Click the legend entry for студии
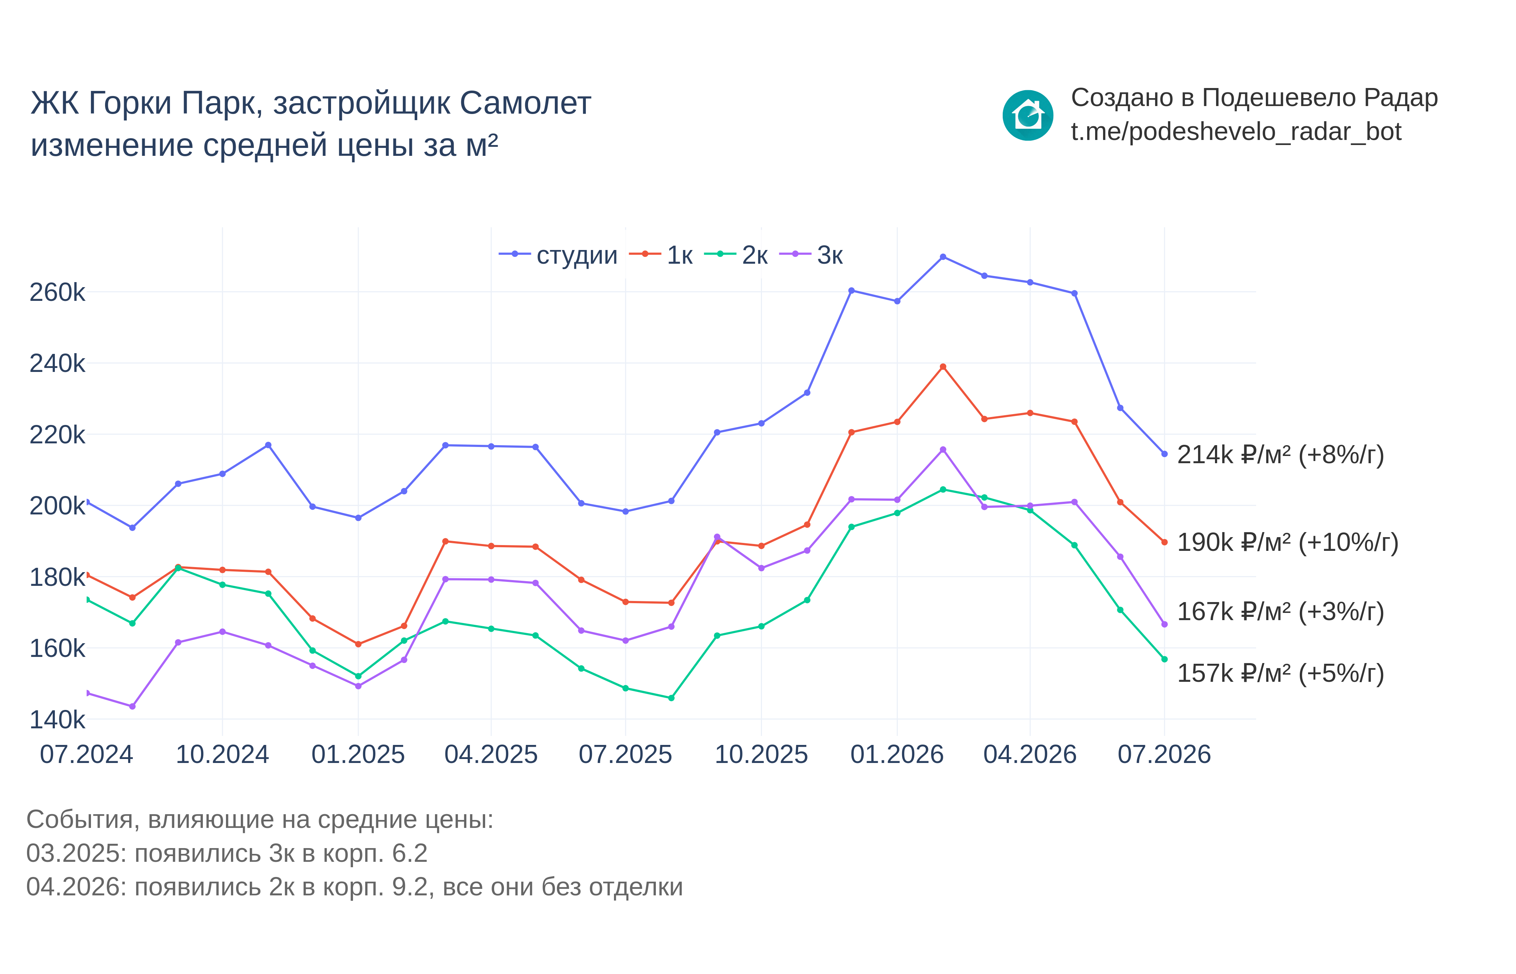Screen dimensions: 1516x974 [558, 255]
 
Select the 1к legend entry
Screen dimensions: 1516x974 [661, 255]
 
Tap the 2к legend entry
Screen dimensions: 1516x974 [736, 255]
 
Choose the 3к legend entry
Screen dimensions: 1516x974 [811, 255]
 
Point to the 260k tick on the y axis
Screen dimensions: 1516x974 [57, 292]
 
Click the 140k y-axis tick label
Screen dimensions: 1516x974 [57, 720]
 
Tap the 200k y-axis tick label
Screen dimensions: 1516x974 [57, 506]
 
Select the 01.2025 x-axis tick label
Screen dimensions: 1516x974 [358, 755]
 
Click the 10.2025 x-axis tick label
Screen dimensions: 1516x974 [761, 755]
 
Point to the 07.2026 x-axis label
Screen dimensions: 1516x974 [1164, 755]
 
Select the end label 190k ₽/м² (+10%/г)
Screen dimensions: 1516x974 [1288, 542]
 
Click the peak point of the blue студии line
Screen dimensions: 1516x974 [943, 257]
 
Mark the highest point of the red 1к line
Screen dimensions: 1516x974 [943, 367]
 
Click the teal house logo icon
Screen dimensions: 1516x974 [1028, 116]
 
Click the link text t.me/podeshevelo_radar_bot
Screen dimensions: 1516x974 [1236, 132]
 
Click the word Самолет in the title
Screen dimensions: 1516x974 [525, 103]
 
